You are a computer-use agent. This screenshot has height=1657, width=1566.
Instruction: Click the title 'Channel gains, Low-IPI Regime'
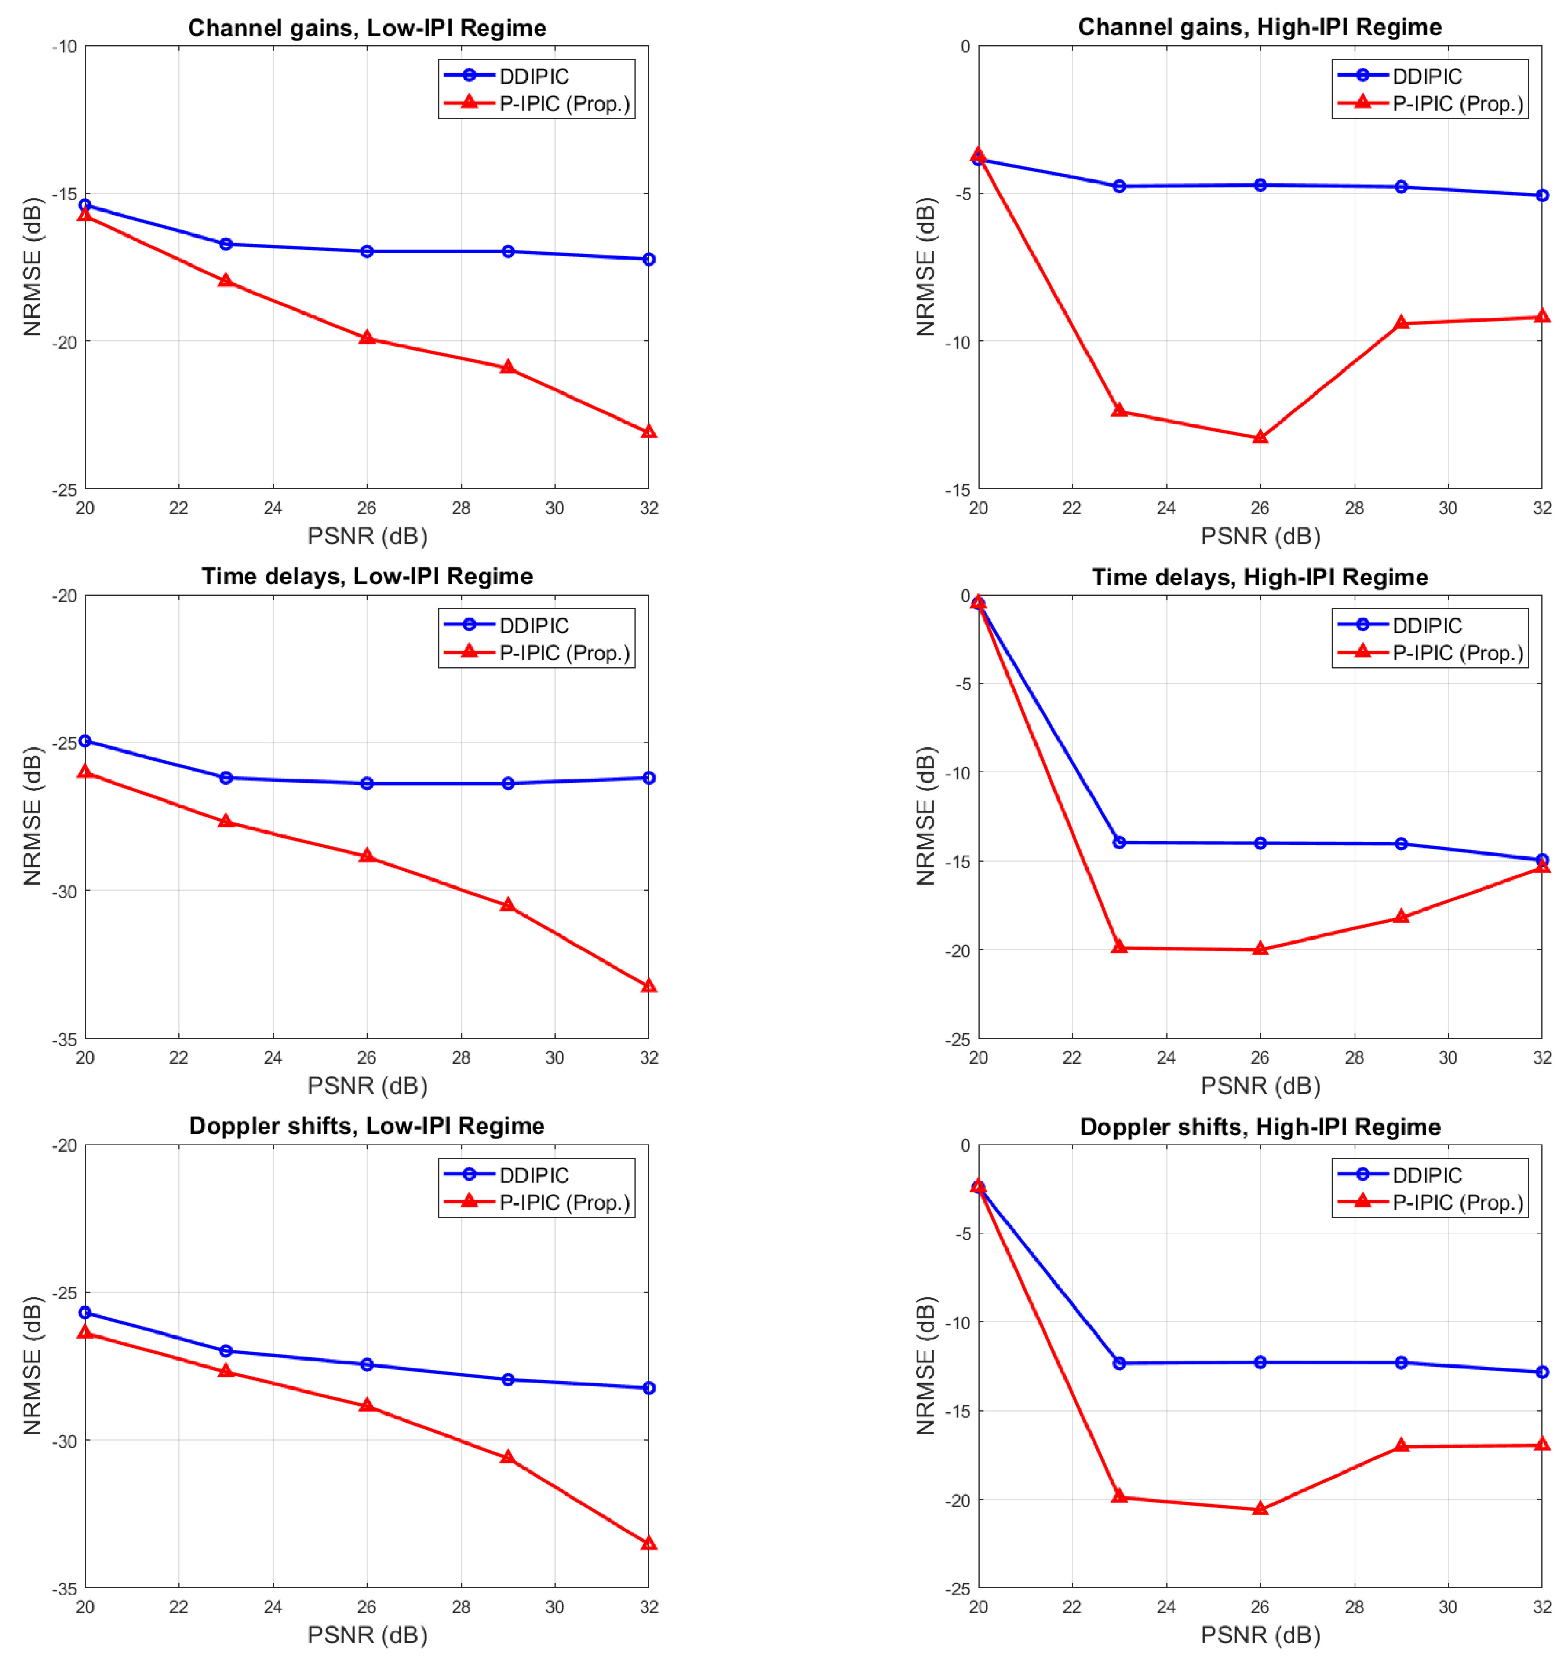pyautogui.click(x=367, y=28)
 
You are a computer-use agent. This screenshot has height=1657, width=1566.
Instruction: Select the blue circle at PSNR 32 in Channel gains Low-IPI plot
pyautogui.click(x=648, y=260)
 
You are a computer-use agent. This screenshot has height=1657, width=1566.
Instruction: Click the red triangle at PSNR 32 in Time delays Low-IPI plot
pyautogui.click(x=648, y=986)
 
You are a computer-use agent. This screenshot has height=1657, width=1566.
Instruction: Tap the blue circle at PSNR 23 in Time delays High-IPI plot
pyautogui.click(x=1119, y=843)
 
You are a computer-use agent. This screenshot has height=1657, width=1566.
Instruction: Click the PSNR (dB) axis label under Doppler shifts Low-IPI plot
pyautogui.click(x=367, y=1635)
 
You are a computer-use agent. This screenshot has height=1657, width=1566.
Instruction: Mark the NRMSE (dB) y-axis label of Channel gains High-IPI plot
pyautogui.click(x=925, y=267)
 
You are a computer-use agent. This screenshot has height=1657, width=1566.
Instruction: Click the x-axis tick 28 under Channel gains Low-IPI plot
pyautogui.click(x=461, y=508)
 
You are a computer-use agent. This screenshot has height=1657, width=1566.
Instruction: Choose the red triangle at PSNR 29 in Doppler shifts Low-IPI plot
pyautogui.click(x=507, y=1457)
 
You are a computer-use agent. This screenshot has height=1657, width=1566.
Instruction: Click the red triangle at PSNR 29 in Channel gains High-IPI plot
pyautogui.click(x=1402, y=322)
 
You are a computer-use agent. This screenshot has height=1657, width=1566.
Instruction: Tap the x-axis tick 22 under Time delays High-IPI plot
pyautogui.click(x=1072, y=1057)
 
